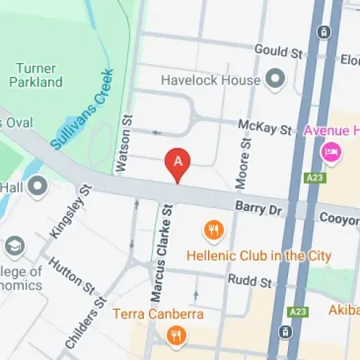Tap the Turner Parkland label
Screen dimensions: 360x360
(36, 75)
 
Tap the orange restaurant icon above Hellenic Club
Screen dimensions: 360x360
(214, 230)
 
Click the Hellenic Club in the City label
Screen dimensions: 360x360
(258, 256)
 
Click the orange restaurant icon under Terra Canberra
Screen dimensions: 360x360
(175, 335)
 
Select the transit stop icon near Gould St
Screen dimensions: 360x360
(325, 32)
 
